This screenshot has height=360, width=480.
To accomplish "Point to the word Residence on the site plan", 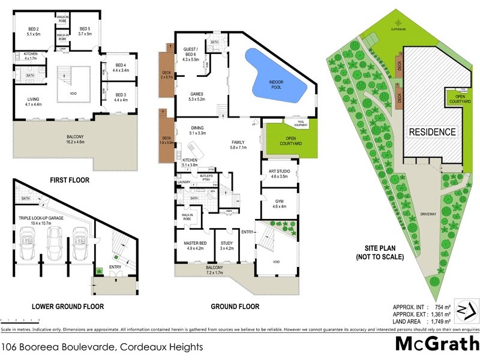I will click(433, 132).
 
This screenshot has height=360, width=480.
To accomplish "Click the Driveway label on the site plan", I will click(428, 213).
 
